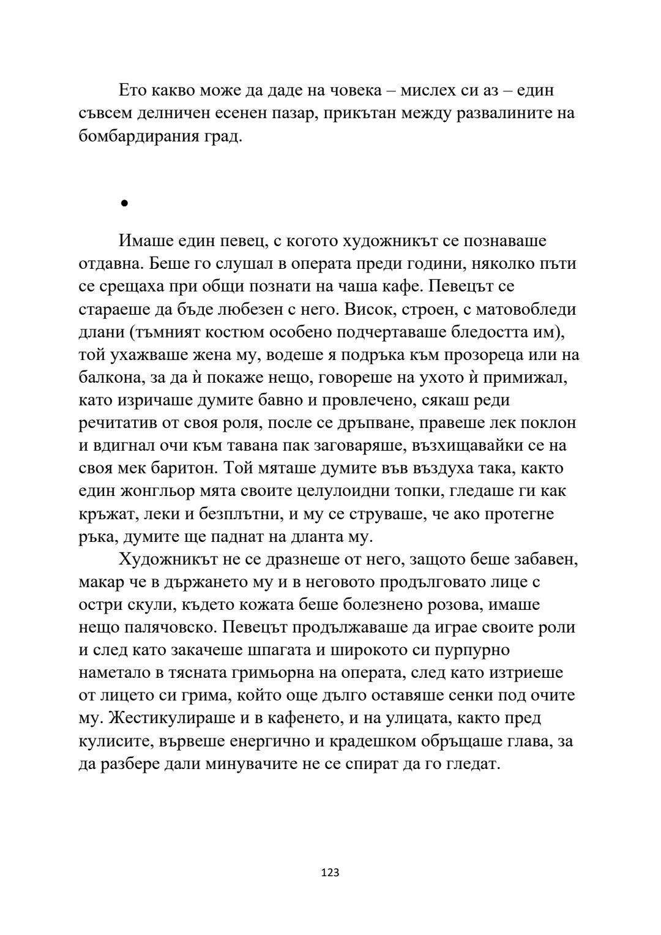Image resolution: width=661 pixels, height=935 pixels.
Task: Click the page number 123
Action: point(330,873)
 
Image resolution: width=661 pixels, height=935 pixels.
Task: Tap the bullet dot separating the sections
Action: point(124,203)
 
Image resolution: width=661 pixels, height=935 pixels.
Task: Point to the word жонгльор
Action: point(146,491)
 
